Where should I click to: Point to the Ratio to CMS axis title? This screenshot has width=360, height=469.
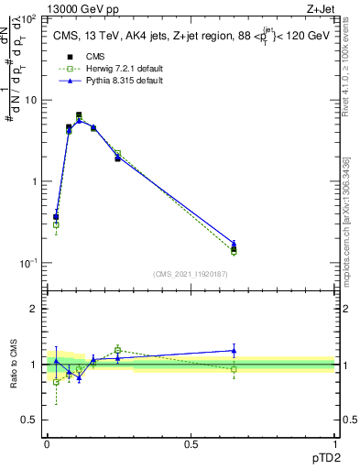point(13,365)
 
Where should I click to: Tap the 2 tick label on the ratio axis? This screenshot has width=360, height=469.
point(34,310)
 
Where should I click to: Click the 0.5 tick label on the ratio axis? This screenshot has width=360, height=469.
point(29,420)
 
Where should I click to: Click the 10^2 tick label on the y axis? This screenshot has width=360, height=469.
point(28,18)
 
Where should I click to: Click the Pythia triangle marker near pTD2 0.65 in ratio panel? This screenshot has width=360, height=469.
point(234,350)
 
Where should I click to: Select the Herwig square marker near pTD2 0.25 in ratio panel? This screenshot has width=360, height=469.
point(118,350)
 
